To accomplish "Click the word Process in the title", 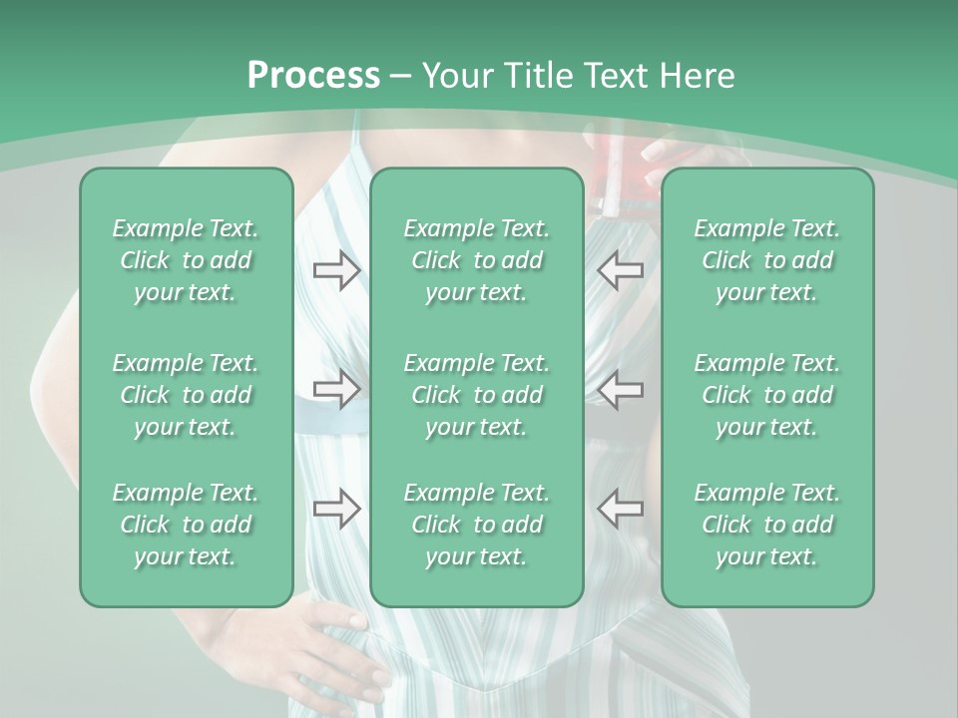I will tap(313, 76).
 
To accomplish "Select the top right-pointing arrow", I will tap(337, 270).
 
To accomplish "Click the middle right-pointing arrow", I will tap(337, 390).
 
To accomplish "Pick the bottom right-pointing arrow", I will tap(337, 509).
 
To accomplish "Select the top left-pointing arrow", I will tap(620, 270).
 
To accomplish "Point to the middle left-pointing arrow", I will tap(620, 390).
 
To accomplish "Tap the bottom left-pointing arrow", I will tap(620, 509).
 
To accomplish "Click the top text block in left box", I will tap(186, 260).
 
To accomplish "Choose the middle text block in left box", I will tap(186, 395).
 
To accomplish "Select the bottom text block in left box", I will tap(186, 525).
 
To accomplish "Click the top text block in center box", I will tap(476, 260).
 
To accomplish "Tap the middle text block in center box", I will tap(476, 395).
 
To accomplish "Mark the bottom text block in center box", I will tap(476, 525).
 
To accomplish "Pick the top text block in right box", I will tap(767, 260).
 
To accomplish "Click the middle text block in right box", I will tap(767, 395).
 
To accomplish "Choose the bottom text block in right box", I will tap(767, 525).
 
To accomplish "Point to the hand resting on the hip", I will tap(344, 653).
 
